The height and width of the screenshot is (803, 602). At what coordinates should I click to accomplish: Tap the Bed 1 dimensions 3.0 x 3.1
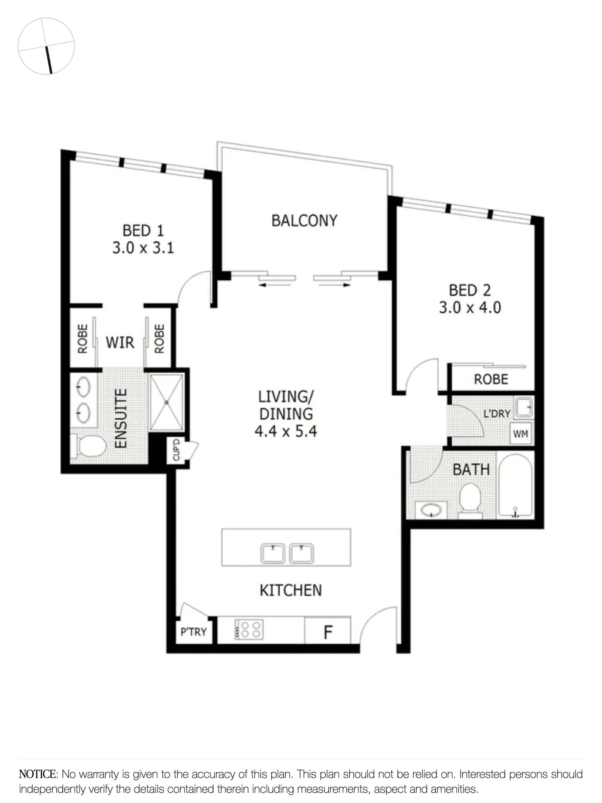(x=143, y=248)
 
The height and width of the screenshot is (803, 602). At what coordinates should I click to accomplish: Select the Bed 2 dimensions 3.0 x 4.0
(x=470, y=308)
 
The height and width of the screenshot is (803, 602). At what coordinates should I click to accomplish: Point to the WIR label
(x=120, y=342)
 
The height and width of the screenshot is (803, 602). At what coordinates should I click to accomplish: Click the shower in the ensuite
(x=167, y=402)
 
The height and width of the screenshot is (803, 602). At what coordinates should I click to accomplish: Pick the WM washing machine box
(x=520, y=434)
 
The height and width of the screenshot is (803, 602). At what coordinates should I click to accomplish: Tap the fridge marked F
(x=328, y=632)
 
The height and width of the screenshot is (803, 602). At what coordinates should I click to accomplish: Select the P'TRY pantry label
(x=193, y=632)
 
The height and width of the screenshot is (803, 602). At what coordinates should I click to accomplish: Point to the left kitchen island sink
(x=273, y=553)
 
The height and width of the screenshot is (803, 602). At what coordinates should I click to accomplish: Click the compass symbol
(x=46, y=46)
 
